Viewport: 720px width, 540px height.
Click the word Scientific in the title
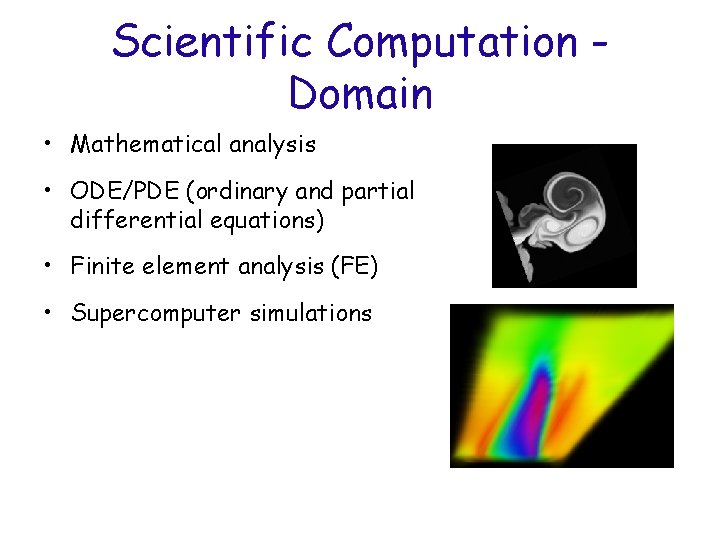213,42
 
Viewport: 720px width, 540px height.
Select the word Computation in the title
452,42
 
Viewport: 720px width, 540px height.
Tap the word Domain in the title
360,94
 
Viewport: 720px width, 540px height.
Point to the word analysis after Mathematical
272,145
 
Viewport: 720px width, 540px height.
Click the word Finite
98,266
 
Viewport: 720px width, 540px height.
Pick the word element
171,266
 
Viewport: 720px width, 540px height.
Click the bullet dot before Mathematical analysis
47,146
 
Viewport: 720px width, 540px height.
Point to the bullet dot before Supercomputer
47,314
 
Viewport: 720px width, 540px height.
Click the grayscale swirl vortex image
564,216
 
